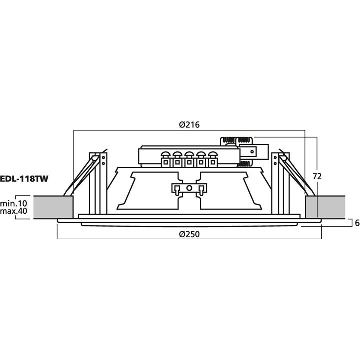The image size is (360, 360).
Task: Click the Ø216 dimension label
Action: point(189,125)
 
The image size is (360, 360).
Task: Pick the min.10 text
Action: point(14,203)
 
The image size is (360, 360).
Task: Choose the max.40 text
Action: point(14,212)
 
